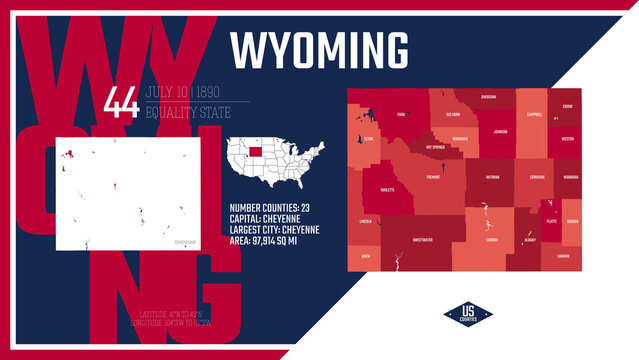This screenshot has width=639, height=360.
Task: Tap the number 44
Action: (x=121, y=102)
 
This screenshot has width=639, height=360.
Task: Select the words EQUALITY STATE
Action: (x=187, y=112)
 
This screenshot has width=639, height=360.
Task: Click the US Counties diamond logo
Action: (x=469, y=314)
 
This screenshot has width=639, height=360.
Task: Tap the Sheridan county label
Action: (x=489, y=98)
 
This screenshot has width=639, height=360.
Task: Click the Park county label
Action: (x=402, y=115)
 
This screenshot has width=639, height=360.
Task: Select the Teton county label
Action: (x=368, y=140)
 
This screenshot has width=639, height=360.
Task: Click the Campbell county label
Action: (x=534, y=115)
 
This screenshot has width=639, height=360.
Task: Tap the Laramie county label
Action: (x=564, y=257)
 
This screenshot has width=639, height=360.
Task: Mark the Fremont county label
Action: (x=433, y=177)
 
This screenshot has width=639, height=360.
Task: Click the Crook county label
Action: (x=567, y=106)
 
